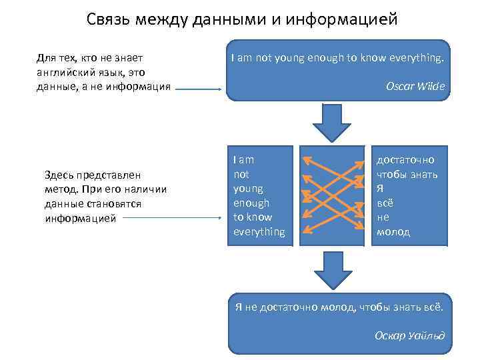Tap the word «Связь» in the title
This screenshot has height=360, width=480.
click(108, 19)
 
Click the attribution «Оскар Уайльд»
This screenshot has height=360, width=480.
click(409, 335)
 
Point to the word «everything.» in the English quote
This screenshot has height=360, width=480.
click(413, 58)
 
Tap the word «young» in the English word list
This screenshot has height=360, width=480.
click(248, 189)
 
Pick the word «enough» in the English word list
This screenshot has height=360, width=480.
click(251, 203)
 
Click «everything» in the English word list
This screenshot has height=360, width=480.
click(259, 231)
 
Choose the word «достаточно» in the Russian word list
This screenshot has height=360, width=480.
click(405, 160)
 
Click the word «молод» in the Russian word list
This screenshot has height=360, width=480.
click(393, 231)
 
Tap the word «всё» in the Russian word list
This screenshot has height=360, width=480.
click(384, 203)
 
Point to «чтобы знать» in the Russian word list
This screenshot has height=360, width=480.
click(407, 175)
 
